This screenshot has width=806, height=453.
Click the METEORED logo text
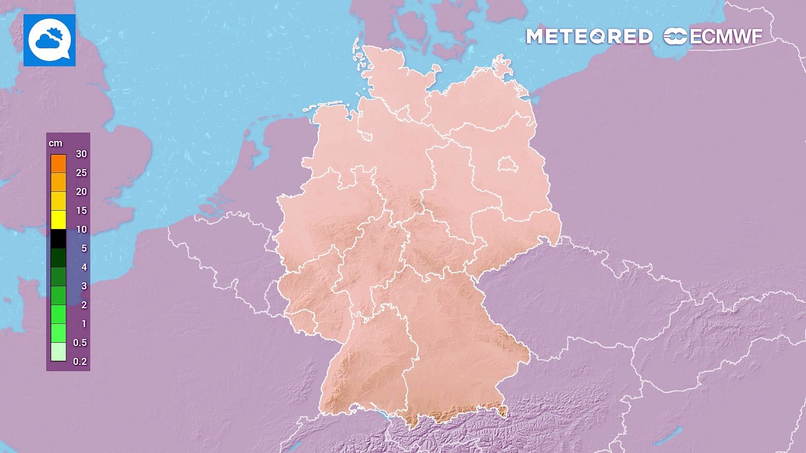(589, 36)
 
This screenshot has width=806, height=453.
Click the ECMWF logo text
(726, 36)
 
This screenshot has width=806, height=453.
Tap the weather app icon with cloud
(50, 40)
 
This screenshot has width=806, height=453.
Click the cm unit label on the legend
(55, 143)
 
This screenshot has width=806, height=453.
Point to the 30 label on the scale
(81, 154)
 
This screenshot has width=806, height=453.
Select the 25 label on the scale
(81, 173)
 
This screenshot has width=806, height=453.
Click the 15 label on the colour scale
(81, 211)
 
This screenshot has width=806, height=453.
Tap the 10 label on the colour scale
(81, 230)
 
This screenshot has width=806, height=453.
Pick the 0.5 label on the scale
(80, 343)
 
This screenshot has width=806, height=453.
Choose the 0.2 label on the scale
(80, 362)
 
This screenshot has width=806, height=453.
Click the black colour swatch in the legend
(59, 238)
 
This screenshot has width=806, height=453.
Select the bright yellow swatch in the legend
(59, 220)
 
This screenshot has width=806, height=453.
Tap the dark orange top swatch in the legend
(59, 164)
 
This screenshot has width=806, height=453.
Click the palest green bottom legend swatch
(59, 352)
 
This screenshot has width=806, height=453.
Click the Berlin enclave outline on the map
(507, 165)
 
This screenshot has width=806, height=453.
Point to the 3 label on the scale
(84, 286)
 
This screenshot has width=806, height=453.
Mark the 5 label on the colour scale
(84, 249)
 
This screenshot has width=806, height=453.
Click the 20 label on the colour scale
(81, 192)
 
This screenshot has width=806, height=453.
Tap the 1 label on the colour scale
(84, 324)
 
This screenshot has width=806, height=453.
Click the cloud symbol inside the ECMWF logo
(676, 36)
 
